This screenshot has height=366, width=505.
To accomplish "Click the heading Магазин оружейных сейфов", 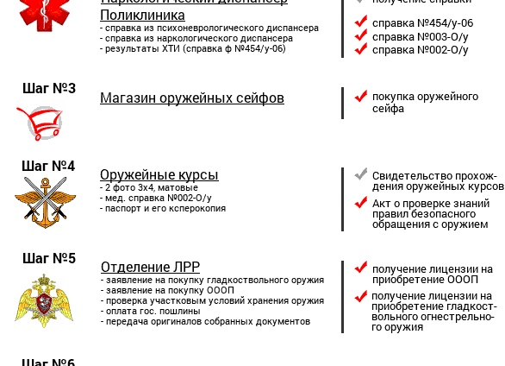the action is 191,98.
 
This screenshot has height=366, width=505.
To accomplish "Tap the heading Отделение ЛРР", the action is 150,268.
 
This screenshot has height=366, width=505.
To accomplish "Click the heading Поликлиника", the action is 142,16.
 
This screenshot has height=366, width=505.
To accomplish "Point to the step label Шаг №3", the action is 48,88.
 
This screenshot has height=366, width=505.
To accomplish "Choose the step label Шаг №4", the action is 48,166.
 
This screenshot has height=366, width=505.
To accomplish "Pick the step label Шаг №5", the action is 48,258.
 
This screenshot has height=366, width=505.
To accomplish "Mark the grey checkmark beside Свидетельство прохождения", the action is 361,174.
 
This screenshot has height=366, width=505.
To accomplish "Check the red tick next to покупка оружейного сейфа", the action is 361,96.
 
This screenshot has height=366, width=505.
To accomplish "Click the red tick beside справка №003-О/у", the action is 361,36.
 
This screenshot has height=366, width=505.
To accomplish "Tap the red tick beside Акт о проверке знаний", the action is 361,203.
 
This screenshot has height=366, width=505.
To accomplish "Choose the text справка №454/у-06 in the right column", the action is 422,23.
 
